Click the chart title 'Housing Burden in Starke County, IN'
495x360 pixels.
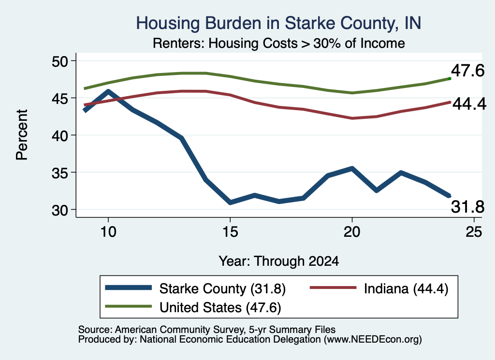(x=278, y=23)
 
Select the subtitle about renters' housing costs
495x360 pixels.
(x=279, y=43)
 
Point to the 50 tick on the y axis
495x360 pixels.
(x=60, y=61)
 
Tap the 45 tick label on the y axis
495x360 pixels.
(x=60, y=99)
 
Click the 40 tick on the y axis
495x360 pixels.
(x=60, y=136)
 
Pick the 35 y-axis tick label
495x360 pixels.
(x=60, y=173)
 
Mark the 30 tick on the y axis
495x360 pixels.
(x=60, y=210)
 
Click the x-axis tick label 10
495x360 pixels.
(x=108, y=232)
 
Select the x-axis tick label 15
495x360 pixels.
(x=230, y=232)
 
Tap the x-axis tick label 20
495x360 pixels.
(x=352, y=232)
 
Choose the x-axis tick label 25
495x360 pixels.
(x=474, y=232)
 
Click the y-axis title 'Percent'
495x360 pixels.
(x=22, y=135)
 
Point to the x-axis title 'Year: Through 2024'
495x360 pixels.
(x=279, y=261)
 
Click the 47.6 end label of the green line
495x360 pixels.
(x=467, y=71)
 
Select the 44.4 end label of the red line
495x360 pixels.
(x=469, y=104)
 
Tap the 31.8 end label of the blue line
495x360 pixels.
(x=467, y=207)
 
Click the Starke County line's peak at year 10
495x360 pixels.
(x=108, y=91)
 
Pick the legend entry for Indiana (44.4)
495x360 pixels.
(x=379, y=288)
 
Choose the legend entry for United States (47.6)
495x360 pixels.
(x=193, y=307)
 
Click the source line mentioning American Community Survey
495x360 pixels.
(x=207, y=330)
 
